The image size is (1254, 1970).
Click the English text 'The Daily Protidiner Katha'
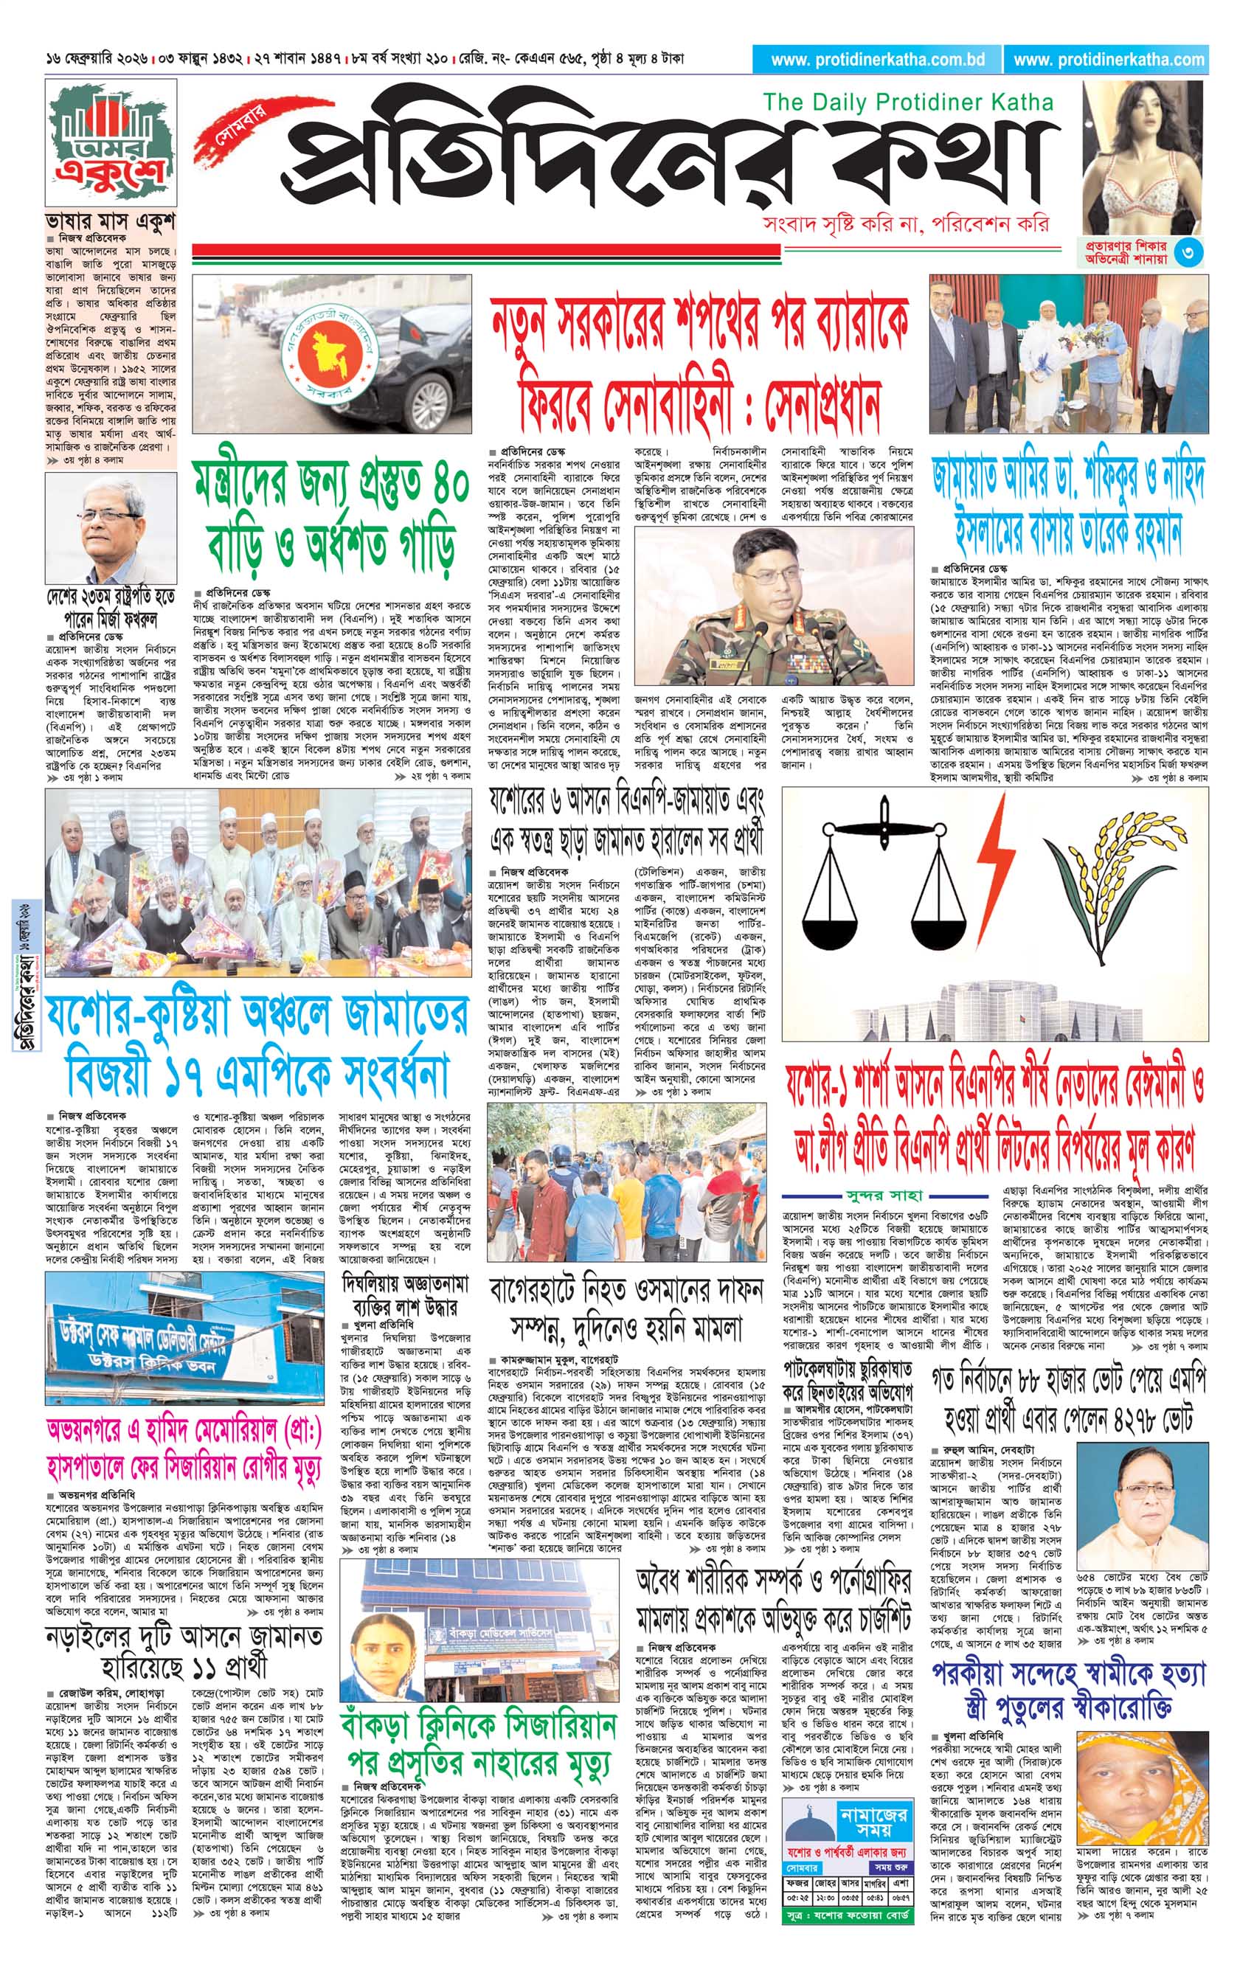coord(908,103)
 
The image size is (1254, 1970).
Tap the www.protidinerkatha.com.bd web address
coord(878,60)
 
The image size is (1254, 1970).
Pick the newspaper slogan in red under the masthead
coord(904,224)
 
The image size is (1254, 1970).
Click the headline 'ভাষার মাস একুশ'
coord(111,223)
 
